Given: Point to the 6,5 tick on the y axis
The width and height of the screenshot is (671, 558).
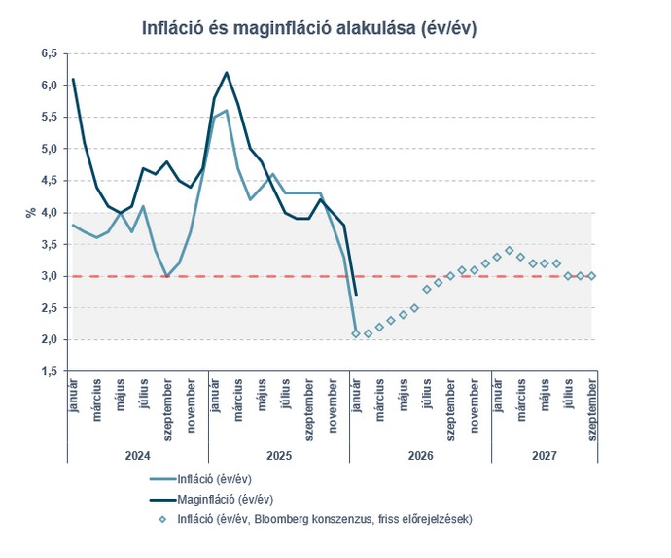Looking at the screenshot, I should click(48, 53).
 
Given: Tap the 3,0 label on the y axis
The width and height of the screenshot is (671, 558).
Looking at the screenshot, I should click(48, 276).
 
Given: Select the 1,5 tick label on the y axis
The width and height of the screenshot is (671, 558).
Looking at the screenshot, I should click(48, 371).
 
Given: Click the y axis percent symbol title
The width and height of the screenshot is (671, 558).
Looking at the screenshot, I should click(30, 212).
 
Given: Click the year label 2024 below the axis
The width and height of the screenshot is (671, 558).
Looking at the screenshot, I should click(137, 454).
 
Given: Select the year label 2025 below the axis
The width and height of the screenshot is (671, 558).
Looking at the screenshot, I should click(278, 454).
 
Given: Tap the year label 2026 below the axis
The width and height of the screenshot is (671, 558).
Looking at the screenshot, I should click(420, 454).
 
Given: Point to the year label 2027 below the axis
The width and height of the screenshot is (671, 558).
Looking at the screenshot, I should click(544, 454).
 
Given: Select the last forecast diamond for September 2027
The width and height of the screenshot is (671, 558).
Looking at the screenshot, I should click(592, 276).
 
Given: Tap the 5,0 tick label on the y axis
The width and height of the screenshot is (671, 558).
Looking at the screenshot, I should click(48, 149).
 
